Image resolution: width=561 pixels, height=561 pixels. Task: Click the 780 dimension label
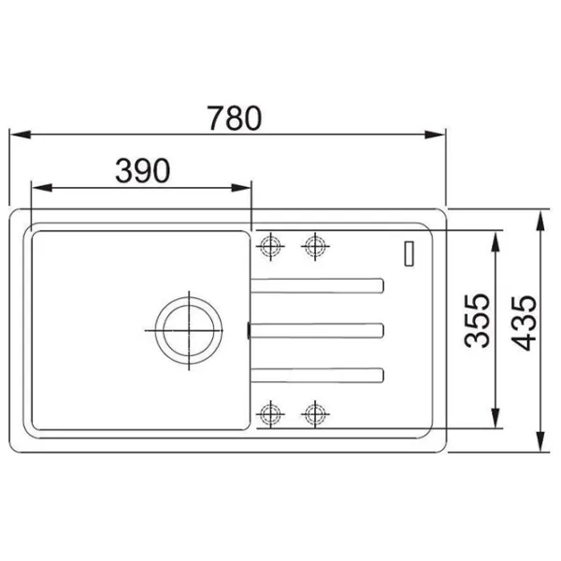tap(235, 118)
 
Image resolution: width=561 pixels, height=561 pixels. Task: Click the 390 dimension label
tap(143, 171)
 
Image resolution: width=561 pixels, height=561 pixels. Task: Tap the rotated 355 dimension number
tap(477, 321)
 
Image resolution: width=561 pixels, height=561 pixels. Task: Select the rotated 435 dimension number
tap(524, 323)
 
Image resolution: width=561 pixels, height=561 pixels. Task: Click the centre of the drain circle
tap(189, 330)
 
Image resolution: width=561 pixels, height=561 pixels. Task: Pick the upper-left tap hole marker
tap(270, 246)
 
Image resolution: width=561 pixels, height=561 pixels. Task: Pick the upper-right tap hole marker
tap(315, 246)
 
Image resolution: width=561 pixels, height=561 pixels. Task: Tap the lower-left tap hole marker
tap(270, 414)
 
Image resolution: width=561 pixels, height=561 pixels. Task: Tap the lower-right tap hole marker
tap(315, 414)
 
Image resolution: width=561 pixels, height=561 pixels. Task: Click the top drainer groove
tap(317, 285)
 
